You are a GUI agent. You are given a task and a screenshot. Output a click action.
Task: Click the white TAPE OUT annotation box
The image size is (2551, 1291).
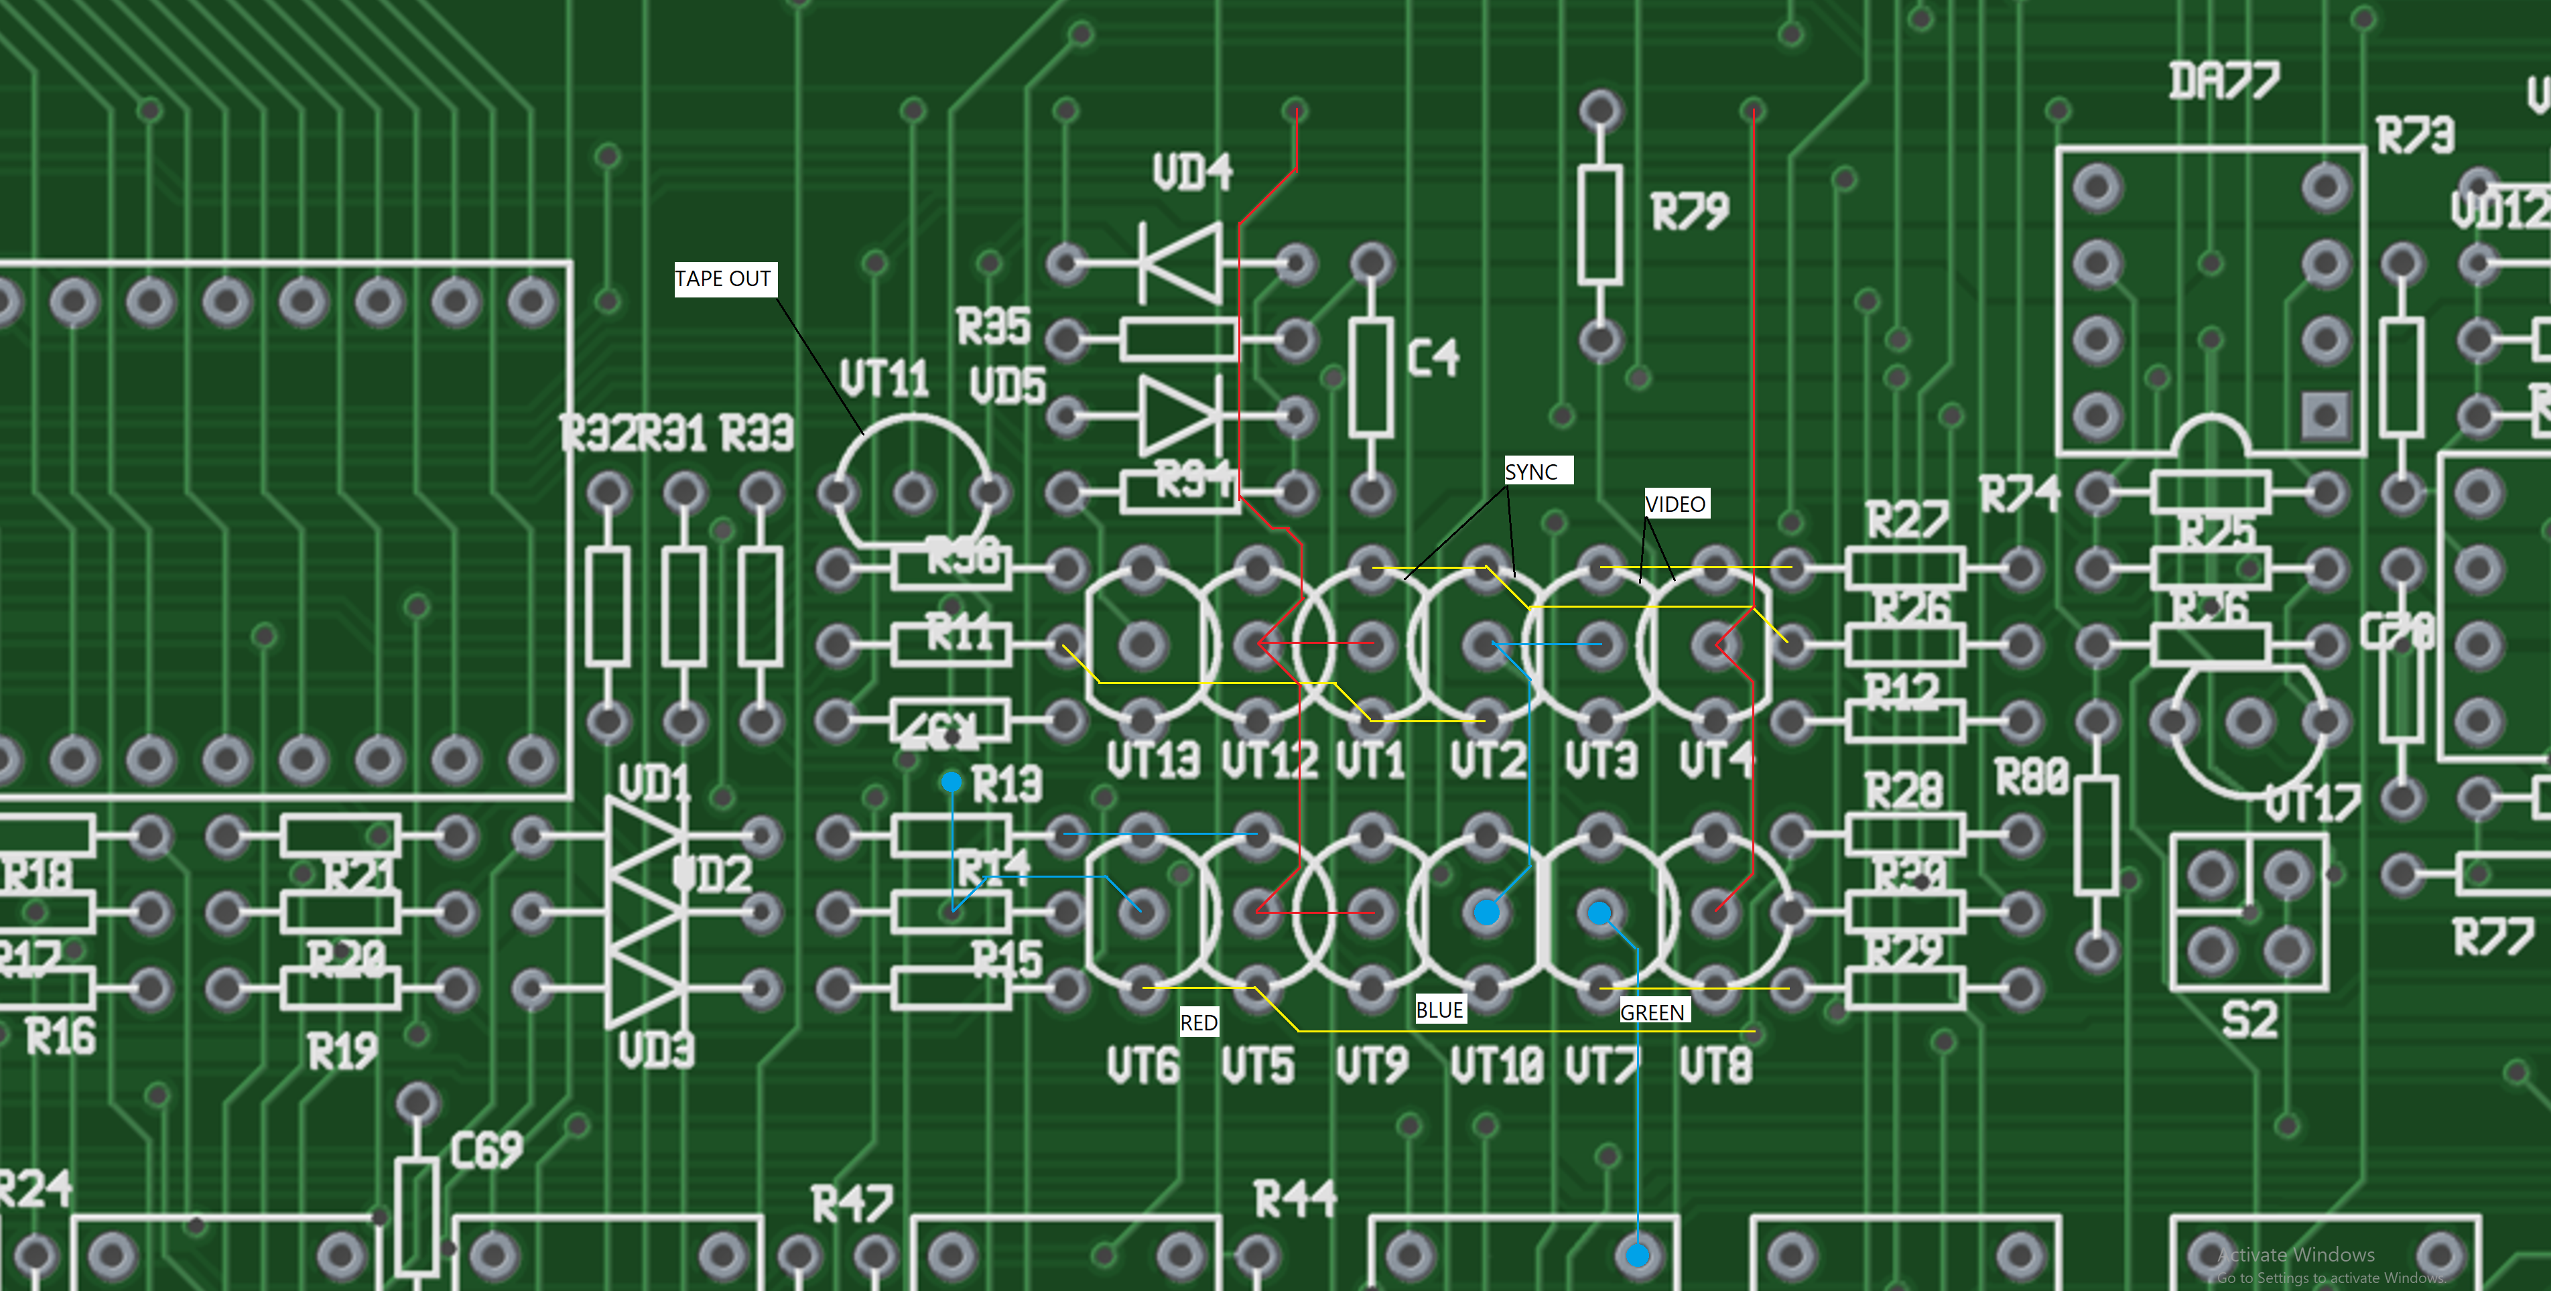(723, 279)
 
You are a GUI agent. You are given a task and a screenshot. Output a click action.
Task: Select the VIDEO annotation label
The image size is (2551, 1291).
(1676, 504)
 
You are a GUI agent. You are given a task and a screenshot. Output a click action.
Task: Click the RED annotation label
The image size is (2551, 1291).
(1198, 1023)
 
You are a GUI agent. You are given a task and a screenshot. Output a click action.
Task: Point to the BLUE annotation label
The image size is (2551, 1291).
(1439, 1010)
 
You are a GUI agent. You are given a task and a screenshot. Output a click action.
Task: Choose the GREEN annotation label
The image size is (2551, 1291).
(1652, 1012)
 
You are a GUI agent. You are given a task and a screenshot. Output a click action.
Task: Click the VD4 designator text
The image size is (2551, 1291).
(1192, 172)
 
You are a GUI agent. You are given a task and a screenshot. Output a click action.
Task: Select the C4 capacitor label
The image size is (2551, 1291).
(1433, 357)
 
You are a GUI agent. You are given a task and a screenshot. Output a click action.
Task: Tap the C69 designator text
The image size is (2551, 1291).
(486, 1150)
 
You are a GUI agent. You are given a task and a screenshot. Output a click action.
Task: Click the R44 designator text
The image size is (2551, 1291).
(1295, 1199)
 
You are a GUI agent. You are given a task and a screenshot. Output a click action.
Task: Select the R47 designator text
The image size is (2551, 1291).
(852, 1204)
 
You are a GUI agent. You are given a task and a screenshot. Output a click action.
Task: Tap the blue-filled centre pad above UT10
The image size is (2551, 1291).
(1486, 912)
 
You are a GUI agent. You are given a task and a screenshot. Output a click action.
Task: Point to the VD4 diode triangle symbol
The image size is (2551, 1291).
(1181, 263)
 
